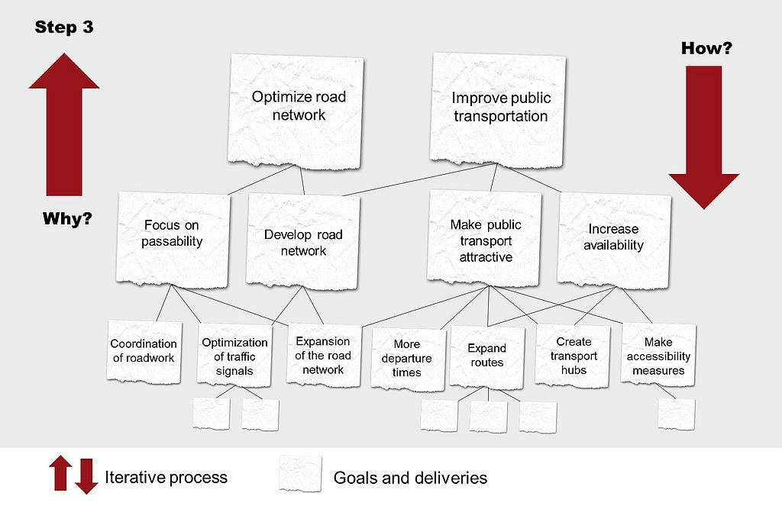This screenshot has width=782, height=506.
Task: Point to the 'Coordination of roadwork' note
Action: point(144,352)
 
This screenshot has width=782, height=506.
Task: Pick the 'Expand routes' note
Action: point(487,354)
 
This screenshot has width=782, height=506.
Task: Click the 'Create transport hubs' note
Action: point(574,354)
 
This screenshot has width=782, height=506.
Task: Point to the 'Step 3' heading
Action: point(64,28)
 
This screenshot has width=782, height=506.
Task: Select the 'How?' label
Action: point(706,49)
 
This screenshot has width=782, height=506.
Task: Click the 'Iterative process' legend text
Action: point(166,478)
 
